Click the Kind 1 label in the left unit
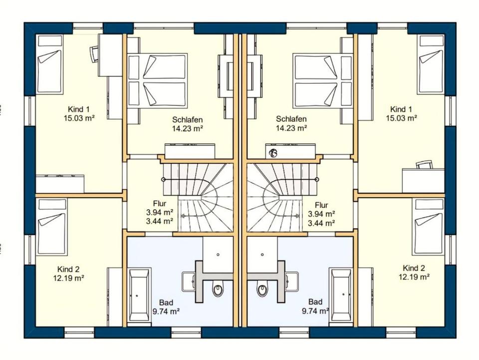(79, 109)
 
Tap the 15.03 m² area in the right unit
(401, 118)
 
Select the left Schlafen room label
(187, 119)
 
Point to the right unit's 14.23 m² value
(291, 128)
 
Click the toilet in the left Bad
(218, 289)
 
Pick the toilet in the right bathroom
(262, 289)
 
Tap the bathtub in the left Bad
(139, 295)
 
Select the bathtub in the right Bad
(341, 295)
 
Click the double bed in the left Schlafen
(157, 81)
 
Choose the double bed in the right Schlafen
(323, 81)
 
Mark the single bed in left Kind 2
(51, 227)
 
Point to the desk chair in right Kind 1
(424, 164)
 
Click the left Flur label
(160, 204)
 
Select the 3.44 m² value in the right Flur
(321, 223)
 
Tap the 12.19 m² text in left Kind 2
(69, 278)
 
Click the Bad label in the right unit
(315, 302)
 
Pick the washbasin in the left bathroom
(189, 282)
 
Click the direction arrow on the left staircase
(198, 216)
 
